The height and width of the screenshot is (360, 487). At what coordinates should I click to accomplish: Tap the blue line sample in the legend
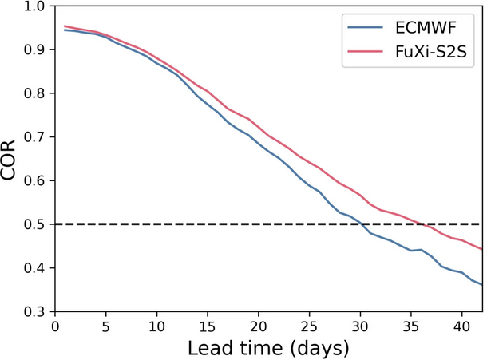coord(366,29)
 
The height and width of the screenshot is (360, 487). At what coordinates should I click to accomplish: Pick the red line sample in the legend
coord(366,52)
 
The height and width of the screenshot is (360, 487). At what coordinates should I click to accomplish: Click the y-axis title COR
coord(11,158)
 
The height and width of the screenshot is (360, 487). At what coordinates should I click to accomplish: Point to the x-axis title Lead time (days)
coord(268,347)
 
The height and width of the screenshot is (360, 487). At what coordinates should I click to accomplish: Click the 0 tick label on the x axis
coord(55,325)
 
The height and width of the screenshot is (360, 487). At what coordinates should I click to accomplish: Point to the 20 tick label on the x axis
coord(258,325)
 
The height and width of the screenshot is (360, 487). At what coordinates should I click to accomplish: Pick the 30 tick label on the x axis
coord(359,325)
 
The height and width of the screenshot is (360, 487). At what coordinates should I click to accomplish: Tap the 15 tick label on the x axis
coord(207,325)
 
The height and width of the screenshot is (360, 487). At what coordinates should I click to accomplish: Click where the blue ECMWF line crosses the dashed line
coord(361,224)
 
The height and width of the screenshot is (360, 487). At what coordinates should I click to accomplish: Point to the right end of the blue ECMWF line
coord(481,284)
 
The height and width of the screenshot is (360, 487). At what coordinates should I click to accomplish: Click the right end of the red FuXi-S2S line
coord(481,249)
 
